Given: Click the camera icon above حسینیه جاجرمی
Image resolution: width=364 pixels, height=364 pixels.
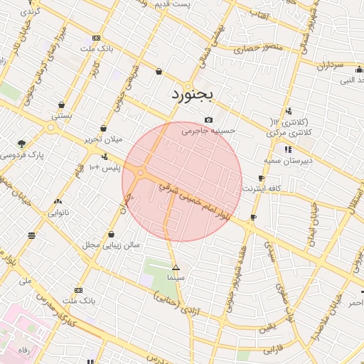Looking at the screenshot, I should click(x=208, y=119).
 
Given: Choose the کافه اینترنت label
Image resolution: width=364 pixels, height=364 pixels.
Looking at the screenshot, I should click(x=262, y=188).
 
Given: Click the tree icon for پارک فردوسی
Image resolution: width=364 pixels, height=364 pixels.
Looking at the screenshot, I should click(x=22, y=144).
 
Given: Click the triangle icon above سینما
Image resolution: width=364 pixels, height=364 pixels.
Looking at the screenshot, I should click(x=176, y=268).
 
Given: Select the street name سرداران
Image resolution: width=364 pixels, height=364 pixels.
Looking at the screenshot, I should click(x=328, y=65).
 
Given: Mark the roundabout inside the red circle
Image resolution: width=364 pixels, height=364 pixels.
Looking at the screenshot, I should click(x=141, y=172).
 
